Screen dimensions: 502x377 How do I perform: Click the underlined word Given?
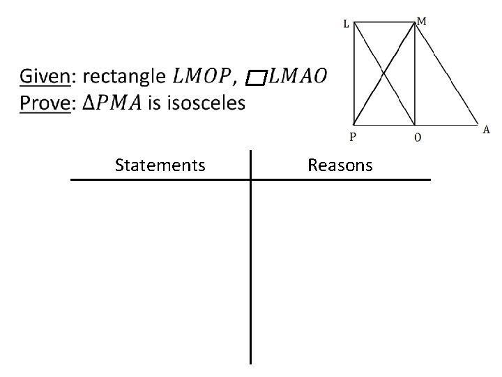(44, 76)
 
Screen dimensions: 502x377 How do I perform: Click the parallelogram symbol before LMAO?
(257, 77)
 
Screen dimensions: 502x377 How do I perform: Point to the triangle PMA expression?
(112, 103)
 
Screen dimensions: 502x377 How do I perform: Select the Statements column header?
(160, 165)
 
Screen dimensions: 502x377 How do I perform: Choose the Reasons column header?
(340, 165)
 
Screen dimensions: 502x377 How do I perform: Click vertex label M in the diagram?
(422, 21)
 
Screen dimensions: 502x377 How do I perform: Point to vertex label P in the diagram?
(353, 137)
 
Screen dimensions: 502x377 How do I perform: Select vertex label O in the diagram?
(417, 137)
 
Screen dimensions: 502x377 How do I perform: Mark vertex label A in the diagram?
(486, 129)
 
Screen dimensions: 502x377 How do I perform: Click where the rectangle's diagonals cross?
(385, 73)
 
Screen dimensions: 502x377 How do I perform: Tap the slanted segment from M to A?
(447, 74)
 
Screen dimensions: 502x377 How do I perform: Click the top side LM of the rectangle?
(385, 22)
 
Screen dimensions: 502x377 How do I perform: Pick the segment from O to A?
(446, 124)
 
